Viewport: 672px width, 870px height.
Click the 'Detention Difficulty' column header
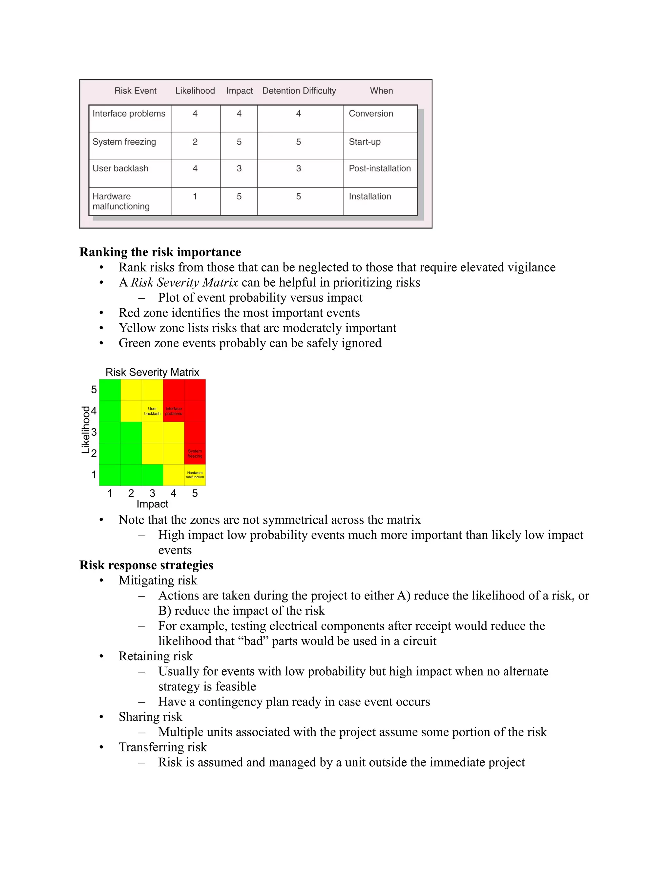(x=299, y=91)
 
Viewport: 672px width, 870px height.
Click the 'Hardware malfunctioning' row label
(x=121, y=201)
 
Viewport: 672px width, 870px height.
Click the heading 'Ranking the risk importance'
(x=160, y=252)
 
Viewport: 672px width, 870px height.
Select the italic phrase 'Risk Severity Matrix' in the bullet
(x=184, y=282)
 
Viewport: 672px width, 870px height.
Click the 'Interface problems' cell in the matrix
(x=174, y=411)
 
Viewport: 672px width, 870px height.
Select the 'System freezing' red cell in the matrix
(x=195, y=454)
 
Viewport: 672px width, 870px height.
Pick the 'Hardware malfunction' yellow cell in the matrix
(x=195, y=475)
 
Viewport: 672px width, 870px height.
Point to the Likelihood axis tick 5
(x=94, y=390)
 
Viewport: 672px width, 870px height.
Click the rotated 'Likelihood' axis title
(x=86, y=430)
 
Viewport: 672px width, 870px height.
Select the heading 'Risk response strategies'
(x=146, y=565)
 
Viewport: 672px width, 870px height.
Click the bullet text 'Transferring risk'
(x=162, y=747)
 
